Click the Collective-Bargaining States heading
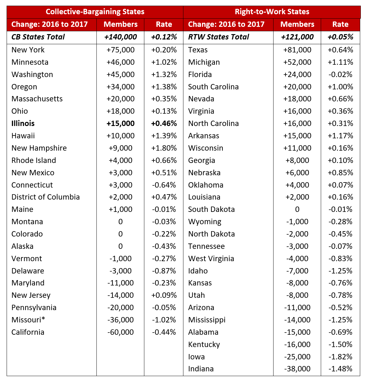pos(95,12)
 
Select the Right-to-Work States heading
pos(272,12)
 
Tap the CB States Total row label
pos(38,37)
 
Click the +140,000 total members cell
pos(121,37)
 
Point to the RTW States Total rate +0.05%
pos(340,37)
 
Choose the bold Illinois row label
pos(23,123)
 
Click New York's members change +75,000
pos(121,50)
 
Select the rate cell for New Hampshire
pos(164,148)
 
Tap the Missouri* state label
pos(28,320)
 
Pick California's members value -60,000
pos(121,332)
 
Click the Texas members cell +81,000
pos(297,50)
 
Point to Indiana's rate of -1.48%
pos(340,369)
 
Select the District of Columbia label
pos(46,197)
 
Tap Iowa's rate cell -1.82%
pos(340,357)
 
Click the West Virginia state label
pos(211,259)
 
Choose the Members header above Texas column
pos(297,24)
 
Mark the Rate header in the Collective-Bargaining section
pos(164,24)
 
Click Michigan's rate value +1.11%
pos(340,62)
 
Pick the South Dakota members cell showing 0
pos(297,209)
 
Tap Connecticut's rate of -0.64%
pos(164,185)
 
